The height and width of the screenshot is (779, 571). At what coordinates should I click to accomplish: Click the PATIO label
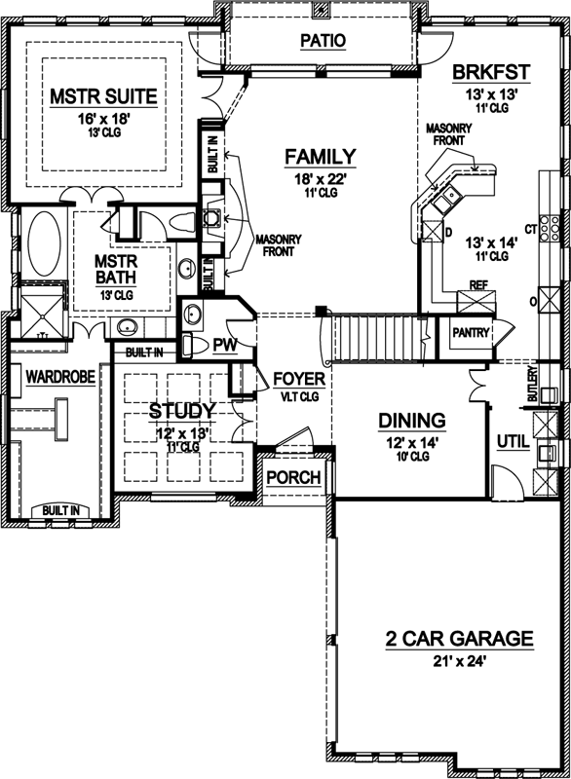tap(324, 40)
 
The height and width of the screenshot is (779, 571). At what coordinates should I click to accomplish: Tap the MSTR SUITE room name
tap(103, 97)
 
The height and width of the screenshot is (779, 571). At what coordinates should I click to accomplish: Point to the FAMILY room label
tap(320, 157)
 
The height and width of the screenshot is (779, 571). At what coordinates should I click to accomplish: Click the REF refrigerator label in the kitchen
tap(477, 285)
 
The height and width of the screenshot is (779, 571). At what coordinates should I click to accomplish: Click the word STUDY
tap(182, 412)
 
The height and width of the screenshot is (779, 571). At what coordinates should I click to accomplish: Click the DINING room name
tap(412, 421)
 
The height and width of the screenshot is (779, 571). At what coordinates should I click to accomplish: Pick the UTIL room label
tap(513, 442)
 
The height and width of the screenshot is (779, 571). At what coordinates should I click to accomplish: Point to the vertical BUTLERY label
tap(532, 386)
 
